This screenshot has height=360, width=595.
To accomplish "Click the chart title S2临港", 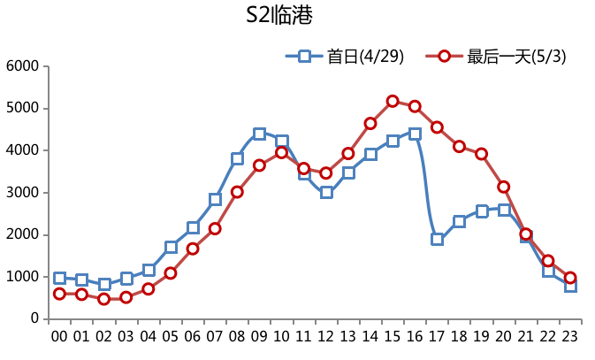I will (279, 16).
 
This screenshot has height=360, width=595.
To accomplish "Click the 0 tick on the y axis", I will (34, 318).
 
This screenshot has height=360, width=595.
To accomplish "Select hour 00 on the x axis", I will (59, 337).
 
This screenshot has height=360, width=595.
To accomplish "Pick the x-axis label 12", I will (326, 337).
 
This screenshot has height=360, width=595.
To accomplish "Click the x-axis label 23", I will (570, 337).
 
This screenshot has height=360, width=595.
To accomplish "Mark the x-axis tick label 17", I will (437, 337).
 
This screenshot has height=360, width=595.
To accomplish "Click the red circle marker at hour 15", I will (393, 101).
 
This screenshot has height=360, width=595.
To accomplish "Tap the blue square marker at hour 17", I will (437, 239).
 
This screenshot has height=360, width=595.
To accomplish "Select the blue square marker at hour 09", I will (259, 134).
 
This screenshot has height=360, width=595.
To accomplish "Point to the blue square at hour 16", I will (415, 134).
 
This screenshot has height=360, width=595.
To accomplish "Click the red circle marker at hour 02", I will (103, 299).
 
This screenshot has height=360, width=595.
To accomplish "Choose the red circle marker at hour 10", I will (281, 152).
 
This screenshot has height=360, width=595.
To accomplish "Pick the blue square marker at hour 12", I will (326, 192).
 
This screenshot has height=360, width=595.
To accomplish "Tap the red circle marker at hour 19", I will (482, 154).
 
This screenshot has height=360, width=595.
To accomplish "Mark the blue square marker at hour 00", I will (59, 278).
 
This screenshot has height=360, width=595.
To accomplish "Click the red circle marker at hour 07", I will (215, 228).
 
